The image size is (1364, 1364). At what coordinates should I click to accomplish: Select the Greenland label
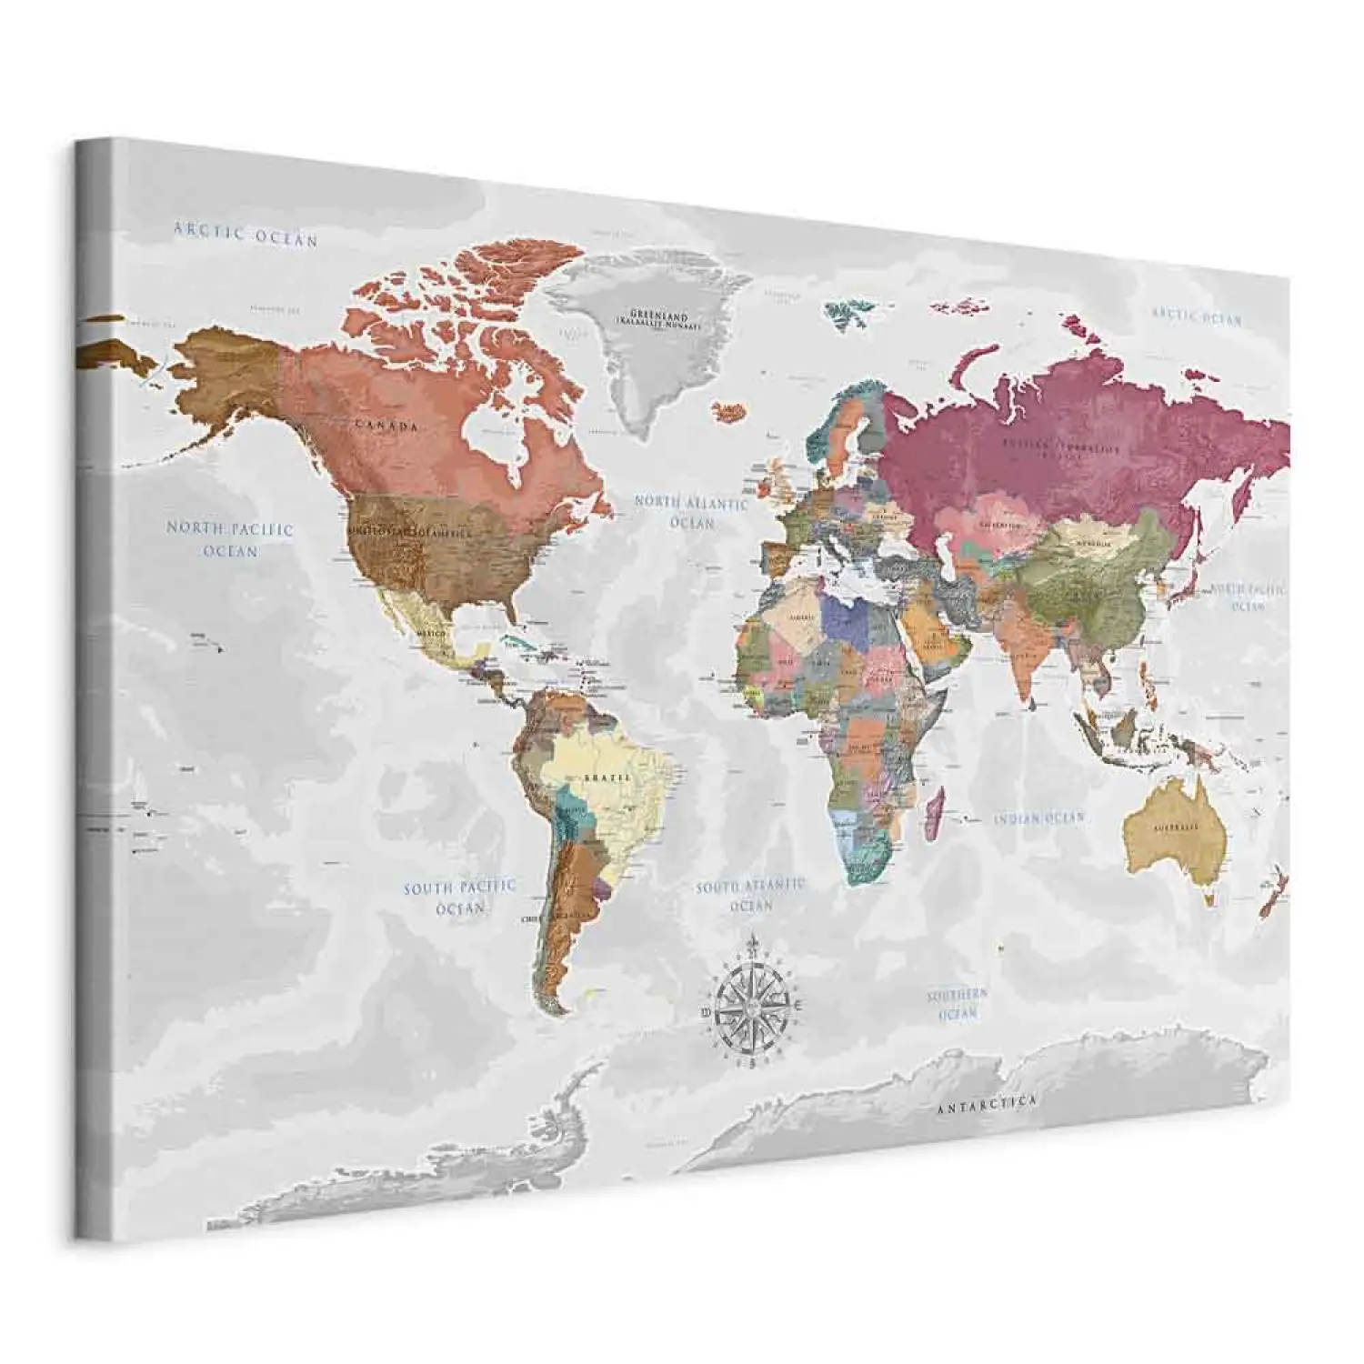pos(659,316)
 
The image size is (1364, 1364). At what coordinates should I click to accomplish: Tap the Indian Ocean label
pos(1038,818)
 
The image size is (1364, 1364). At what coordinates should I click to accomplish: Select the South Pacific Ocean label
pos(460,896)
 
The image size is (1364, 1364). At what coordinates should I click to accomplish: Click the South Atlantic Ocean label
pos(750,894)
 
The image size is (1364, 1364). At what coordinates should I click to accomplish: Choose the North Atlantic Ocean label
pos(691,512)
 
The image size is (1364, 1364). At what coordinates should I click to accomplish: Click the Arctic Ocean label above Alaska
pos(246,234)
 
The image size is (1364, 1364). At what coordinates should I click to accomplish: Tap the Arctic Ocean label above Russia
pos(1197,316)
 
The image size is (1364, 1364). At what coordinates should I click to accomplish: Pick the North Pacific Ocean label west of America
pos(230,539)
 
